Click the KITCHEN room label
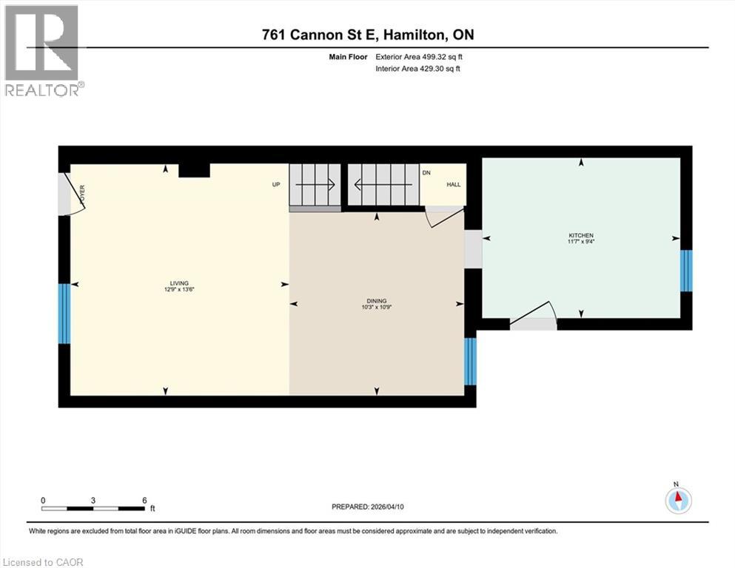tap(581, 235)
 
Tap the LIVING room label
tap(178, 283)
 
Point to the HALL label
tap(453, 184)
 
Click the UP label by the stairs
tap(276, 184)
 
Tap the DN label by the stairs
tap(426, 172)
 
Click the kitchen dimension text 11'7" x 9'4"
tap(581, 242)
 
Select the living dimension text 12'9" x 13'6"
tap(178, 289)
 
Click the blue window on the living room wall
tap(64, 314)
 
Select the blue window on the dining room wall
tap(469, 362)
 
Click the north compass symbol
tap(677, 499)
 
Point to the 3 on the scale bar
tap(93, 499)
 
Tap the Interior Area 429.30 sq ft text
tap(420, 69)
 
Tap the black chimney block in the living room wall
tap(195, 170)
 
